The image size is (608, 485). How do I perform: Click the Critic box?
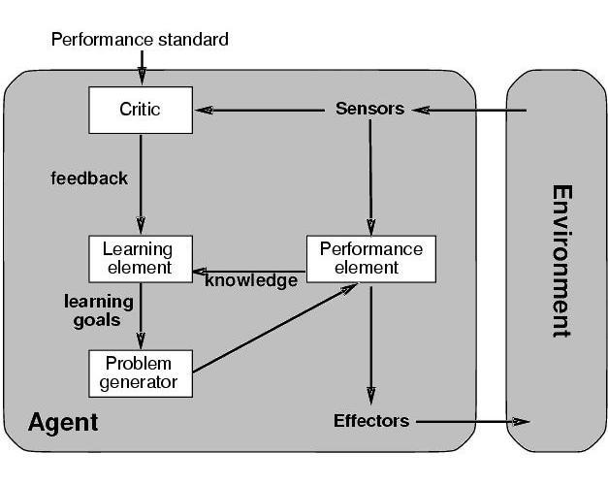(141, 110)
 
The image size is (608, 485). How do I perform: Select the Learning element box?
(141, 258)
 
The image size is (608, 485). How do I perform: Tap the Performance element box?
(371, 258)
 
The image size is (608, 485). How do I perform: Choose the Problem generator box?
(141, 372)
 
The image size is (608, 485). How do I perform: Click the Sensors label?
(369, 109)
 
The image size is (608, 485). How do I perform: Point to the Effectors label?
(371, 421)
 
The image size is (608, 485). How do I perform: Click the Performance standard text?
(140, 40)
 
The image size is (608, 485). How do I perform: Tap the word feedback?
(89, 178)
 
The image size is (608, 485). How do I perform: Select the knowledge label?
(251, 281)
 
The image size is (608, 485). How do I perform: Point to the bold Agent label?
(63, 423)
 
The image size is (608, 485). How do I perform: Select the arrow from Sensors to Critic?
(262, 110)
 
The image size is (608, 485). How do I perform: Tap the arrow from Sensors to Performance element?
(369, 175)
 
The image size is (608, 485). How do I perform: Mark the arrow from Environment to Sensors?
(465, 110)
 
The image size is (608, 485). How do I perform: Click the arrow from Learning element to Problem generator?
(142, 315)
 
